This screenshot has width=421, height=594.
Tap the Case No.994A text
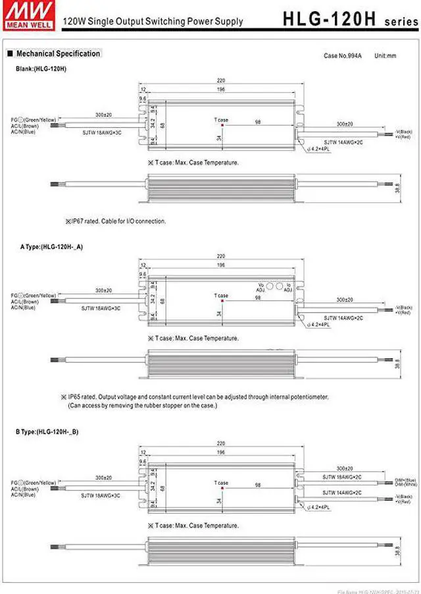coord(343,57)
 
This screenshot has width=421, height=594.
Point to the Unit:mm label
coord(385,57)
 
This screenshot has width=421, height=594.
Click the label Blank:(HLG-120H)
coord(41,68)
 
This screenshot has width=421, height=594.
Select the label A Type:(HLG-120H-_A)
coord(52,246)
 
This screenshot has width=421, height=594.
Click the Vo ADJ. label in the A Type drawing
coord(260,288)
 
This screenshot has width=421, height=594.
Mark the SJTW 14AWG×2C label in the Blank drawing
coord(343,142)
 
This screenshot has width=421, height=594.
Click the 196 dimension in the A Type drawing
coord(220,267)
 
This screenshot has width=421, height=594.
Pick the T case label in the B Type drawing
coord(221,483)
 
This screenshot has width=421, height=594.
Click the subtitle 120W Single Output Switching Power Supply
coord(152,21)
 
